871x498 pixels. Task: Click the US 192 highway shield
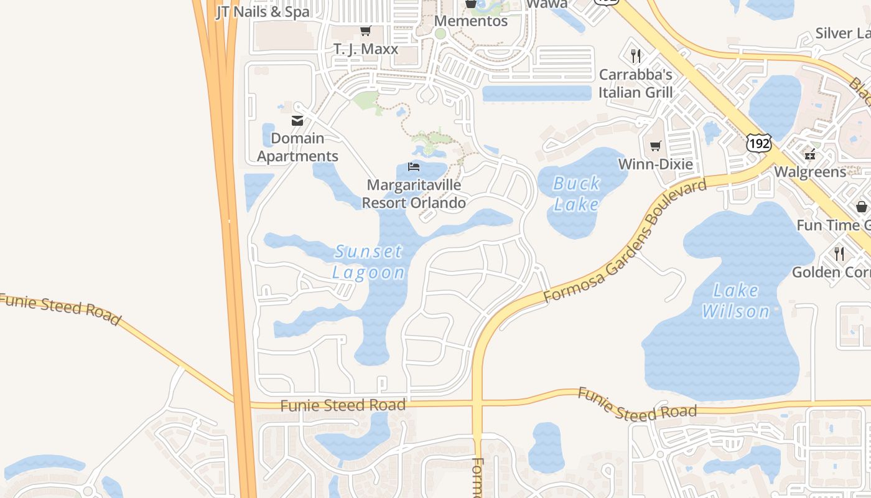point(759,143)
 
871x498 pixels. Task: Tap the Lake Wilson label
point(736,301)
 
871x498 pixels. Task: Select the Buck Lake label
point(576,194)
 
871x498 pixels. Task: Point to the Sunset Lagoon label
point(368,262)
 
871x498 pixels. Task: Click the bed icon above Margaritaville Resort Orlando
point(414,166)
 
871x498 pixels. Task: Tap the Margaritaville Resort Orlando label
point(414,194)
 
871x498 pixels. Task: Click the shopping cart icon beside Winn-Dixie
point(655,146)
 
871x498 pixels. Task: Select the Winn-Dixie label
point(655,164)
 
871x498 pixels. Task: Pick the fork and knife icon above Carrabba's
point(635,56)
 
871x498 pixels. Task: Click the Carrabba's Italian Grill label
point(635,83)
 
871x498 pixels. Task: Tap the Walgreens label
point(809,172)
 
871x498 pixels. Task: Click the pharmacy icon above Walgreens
point(809,154)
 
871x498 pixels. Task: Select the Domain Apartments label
point(297,147)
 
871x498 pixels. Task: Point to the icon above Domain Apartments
point(297,120)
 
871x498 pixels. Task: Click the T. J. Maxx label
point(366,49)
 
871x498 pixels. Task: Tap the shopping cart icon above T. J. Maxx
point(366,31)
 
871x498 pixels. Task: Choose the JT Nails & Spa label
point(263,12)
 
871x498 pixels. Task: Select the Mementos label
point(471,21)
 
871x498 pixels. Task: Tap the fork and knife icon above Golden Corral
point(839,253)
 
